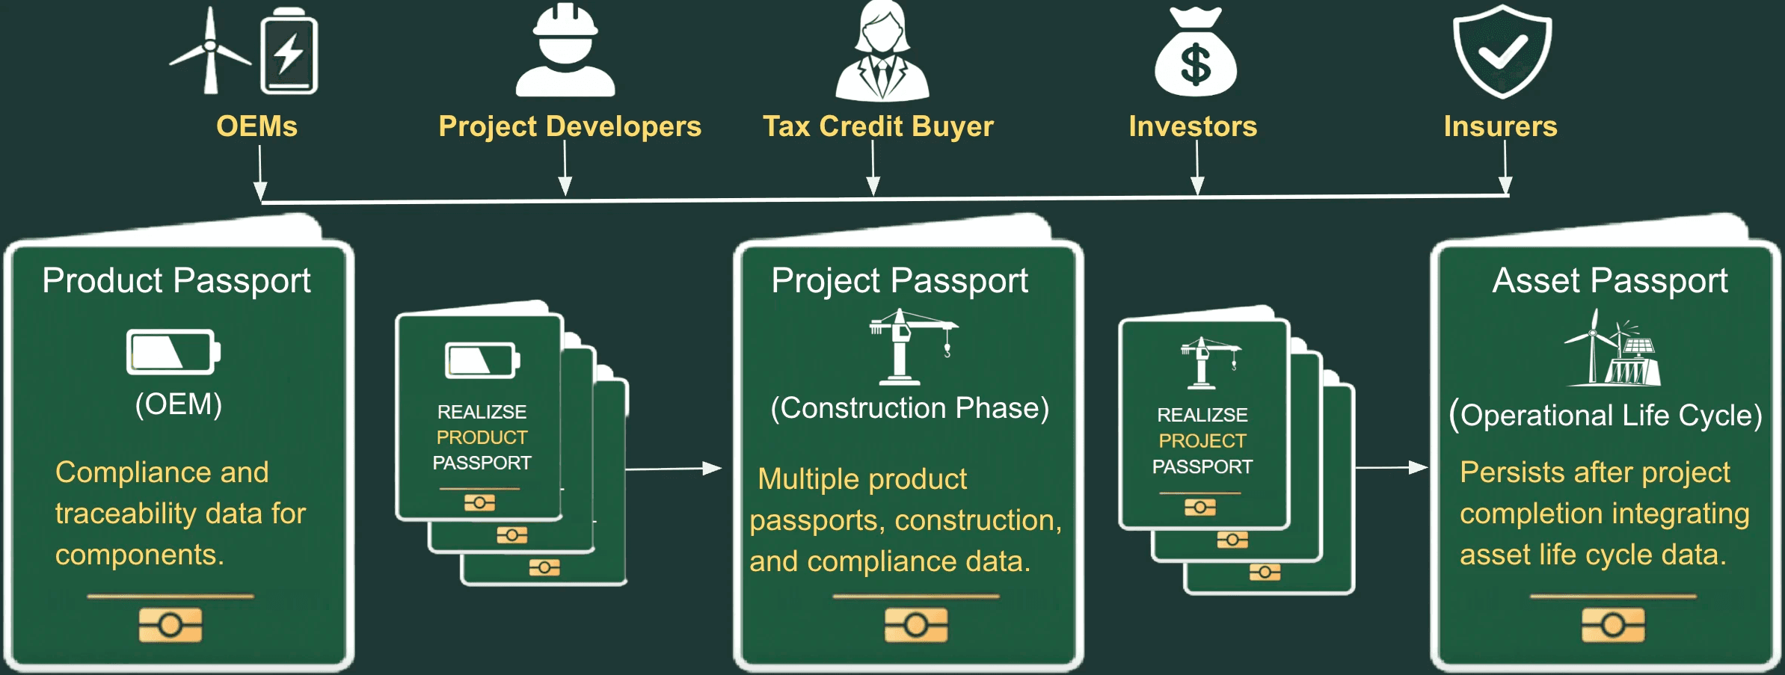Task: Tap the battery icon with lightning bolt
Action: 289,52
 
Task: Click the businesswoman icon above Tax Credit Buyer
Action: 882,52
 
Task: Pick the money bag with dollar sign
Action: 1195,52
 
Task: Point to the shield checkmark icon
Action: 1502,51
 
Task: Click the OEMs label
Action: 256,126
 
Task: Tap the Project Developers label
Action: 570,126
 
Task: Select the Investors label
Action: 1193,126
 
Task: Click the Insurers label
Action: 1500,126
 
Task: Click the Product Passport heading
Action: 176,281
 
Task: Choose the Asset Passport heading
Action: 1609,281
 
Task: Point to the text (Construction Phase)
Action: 909,408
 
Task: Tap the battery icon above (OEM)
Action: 173,351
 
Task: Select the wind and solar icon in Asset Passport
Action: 1613,350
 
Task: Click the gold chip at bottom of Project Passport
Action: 916,625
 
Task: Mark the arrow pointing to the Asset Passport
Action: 1391,468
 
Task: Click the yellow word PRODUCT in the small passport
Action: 482,437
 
